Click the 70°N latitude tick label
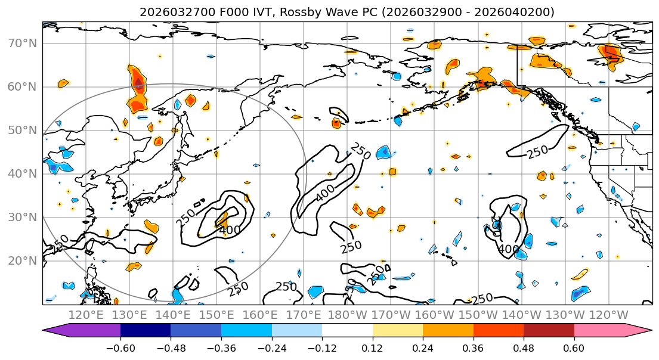22,44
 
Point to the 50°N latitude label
22,131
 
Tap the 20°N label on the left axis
22,261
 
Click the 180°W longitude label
346,315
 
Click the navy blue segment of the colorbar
146,331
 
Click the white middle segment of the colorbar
347,331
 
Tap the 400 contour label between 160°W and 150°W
508,249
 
